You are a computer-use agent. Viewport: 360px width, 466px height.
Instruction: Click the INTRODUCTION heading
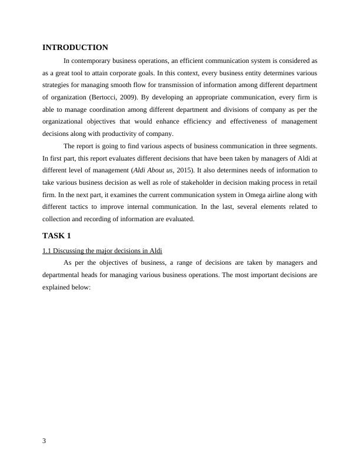tap(75, 48)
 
